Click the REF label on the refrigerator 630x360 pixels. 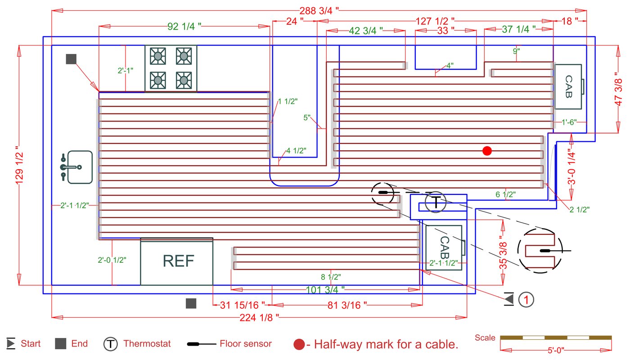click(178, 261)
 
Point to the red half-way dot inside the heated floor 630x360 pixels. click(486, 151)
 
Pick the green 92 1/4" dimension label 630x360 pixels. click(184, 26)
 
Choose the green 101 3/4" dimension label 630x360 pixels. click(325, 289)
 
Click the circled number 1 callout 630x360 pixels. click(526, 299)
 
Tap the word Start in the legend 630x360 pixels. click(31, 344)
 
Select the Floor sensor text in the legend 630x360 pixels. click(246, 344)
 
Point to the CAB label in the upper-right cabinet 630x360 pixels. click(568, 87)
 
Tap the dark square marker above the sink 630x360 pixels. click(71, 59)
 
